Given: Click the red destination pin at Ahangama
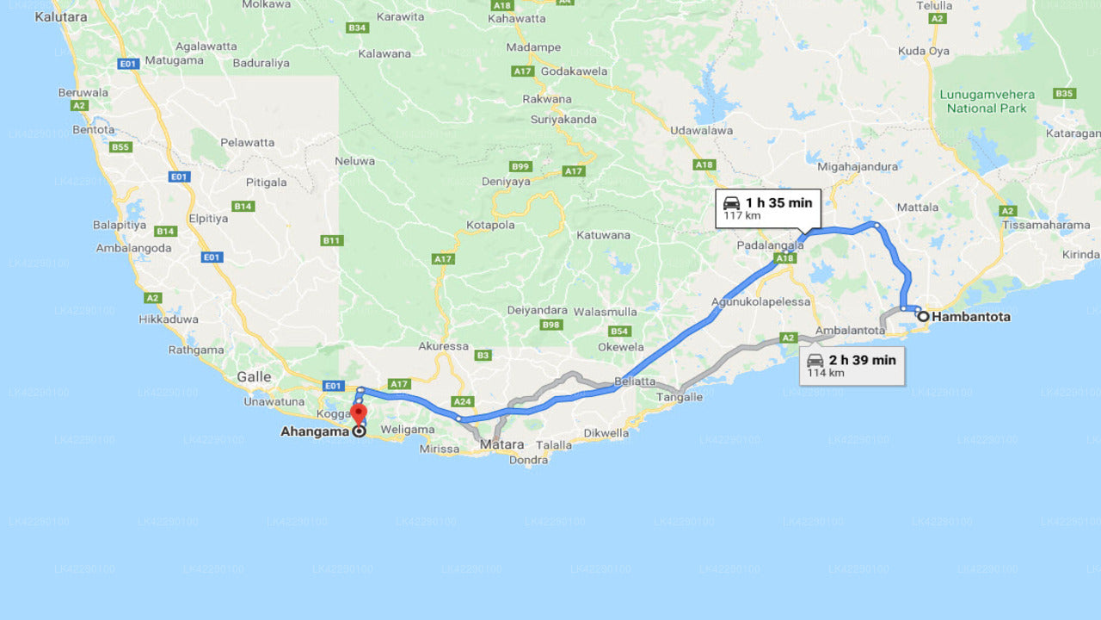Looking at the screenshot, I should click(x=359, y=413).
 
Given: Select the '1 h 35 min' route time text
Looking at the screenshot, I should click(x=778, y=202).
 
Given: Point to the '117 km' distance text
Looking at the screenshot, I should click(x=741, y=216).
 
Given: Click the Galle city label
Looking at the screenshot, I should click(x=254, y=376).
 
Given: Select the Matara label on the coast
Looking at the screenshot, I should click(x=502, y=444).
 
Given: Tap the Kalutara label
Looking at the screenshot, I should click(x=61, y=16).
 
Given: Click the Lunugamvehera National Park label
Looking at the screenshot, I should click(x=987, y=102).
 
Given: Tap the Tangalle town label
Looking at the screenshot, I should click(x=680, y=397).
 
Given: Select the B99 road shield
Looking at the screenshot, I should click(x=520, y=166).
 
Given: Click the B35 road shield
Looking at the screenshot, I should click(x=1064, y=93).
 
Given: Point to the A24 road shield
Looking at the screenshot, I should click(x=463, y=401).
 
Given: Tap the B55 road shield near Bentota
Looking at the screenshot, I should click(x=120, y=147).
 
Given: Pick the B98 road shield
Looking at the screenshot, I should click(x=551, y=325).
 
